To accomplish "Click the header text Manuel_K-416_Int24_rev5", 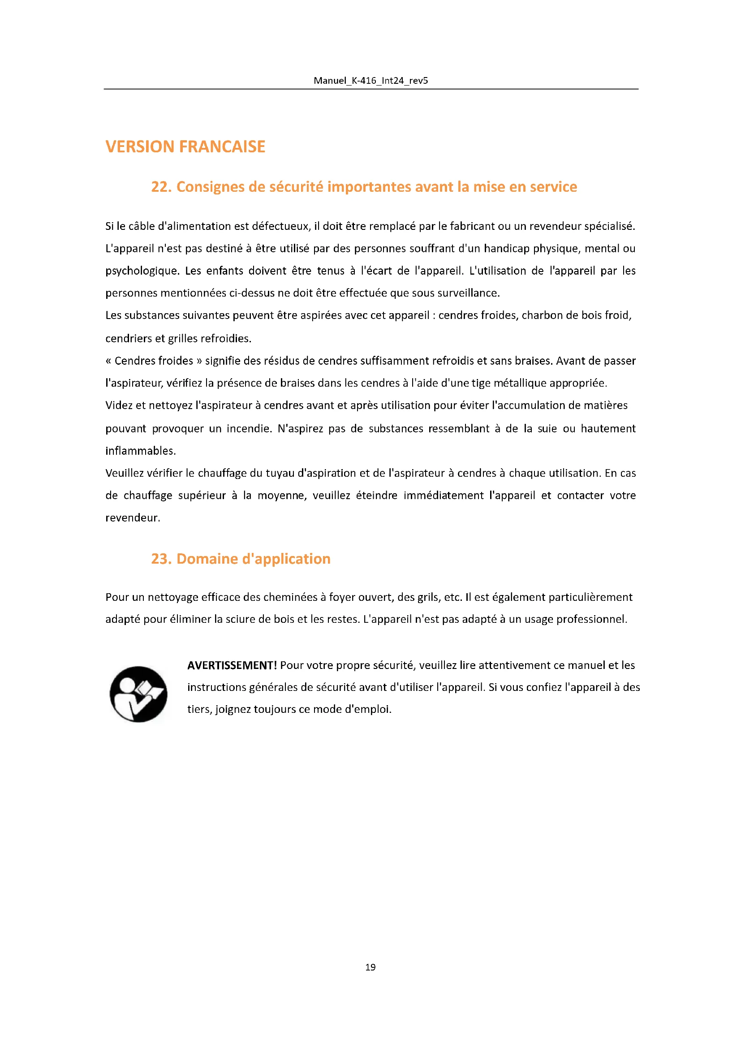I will click(x=370, y=81).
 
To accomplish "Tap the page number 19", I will click(x=370, y=967).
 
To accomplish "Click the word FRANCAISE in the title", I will click(x=222, y=147).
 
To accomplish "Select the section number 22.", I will click(x=161, y=187).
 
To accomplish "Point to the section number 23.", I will click(x=161, y=559).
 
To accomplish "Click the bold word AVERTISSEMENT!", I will click(x=232, y=665).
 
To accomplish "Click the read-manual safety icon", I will click(x=138, y=694).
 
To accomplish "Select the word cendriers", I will click(x=128, y=338).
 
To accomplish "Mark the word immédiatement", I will click(x=444, y=495).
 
